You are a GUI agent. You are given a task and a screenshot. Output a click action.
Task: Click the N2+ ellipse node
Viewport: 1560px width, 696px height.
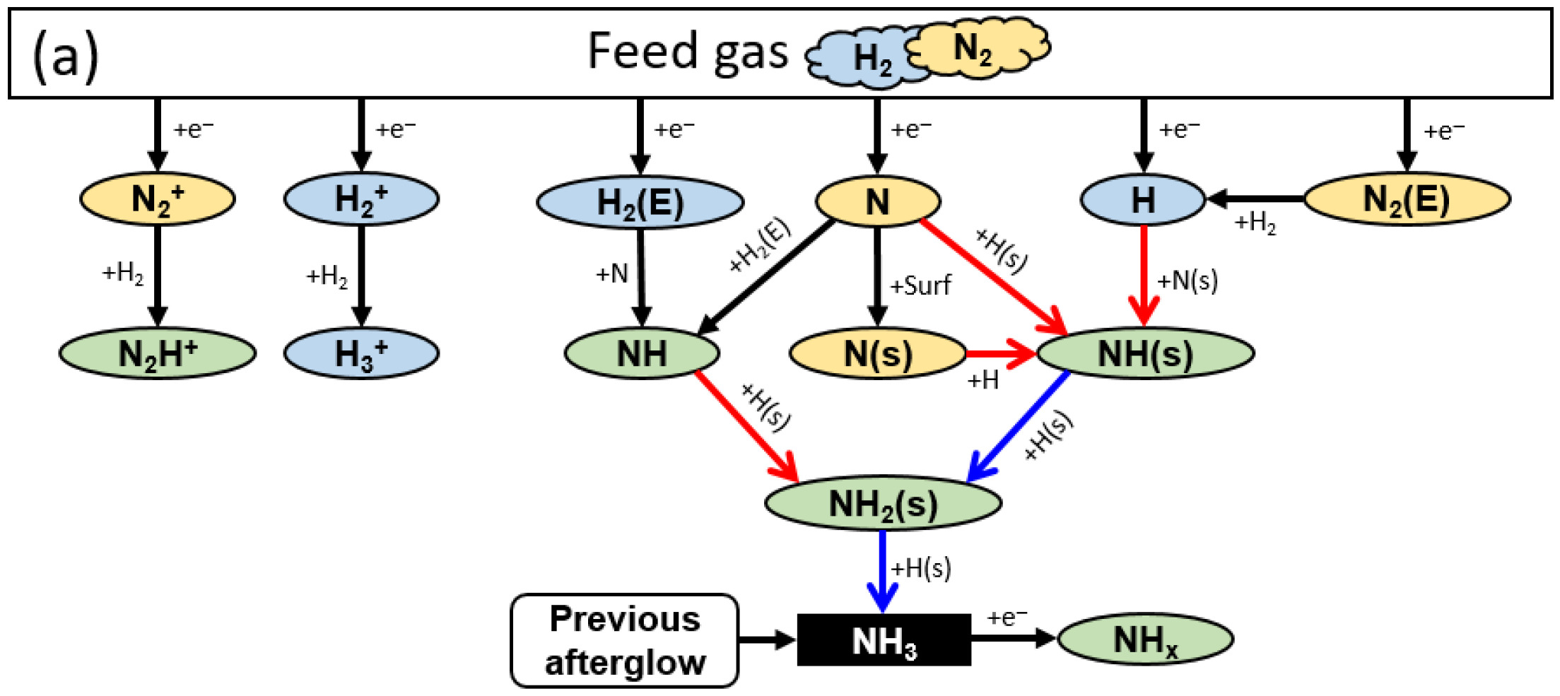157,199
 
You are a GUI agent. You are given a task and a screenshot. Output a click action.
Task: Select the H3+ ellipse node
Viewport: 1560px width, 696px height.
361,353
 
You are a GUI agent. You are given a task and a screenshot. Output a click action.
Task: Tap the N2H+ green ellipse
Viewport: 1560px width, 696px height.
157,353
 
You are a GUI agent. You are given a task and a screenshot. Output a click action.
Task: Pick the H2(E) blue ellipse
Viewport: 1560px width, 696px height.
640,203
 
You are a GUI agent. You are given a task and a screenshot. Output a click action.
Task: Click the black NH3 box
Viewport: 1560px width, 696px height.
884,640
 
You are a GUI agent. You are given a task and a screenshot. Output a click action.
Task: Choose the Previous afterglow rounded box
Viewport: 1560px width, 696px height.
625,640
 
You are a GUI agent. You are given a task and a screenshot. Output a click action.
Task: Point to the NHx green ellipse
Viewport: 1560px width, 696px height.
1145,639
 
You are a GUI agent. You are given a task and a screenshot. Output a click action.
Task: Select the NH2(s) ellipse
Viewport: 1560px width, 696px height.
883,503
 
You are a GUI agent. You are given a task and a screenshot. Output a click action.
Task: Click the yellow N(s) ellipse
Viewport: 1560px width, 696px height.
877,353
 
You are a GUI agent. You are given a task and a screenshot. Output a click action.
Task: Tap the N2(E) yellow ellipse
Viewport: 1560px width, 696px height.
1407,199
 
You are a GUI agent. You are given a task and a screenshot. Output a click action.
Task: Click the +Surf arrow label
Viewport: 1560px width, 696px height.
920,285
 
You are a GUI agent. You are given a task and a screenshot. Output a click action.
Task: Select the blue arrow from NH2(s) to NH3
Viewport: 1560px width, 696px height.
882,569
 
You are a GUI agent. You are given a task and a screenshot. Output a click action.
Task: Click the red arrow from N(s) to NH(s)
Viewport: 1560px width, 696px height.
1000,353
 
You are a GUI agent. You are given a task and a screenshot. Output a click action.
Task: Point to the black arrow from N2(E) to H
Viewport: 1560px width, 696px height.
1255,199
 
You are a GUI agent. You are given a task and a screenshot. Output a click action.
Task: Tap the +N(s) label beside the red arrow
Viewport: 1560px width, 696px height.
1187,281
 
